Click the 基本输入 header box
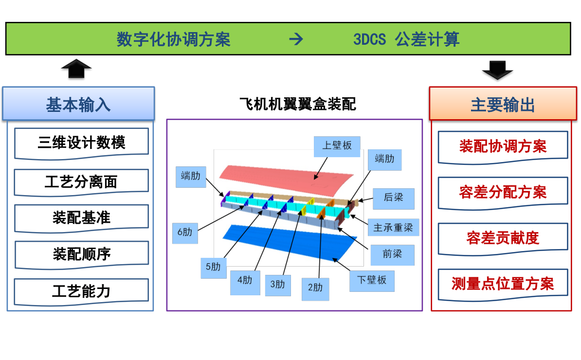(78, 104)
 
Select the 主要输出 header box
(503, 104)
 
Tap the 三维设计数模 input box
(81, 143)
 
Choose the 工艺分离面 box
(81, 182)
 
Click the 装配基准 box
(81, 217)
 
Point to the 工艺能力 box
(81, 291)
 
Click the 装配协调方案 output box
(503, 146)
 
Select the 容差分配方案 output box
(503, 192)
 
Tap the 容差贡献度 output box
(503, 238)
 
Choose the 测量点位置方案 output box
(503, 284)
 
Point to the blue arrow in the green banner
(296, 39)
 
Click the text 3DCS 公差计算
(406, 39)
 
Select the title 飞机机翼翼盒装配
(297, 104)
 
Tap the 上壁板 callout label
(337, 146)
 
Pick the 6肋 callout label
(185, 233)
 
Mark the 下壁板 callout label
(372, 280)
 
